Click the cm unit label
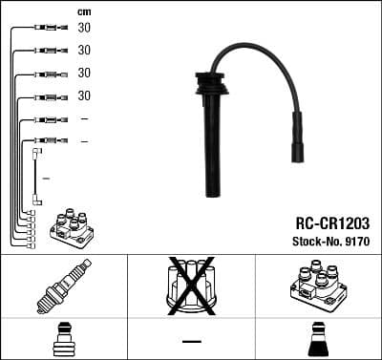(x=84, y=11)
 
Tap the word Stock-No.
(x=309, y=239)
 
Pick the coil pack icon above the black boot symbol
(x=318, y=284)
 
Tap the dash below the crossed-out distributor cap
(x=191, y=341)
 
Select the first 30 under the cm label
(x=84, y=28)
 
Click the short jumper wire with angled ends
(x=37, y=176)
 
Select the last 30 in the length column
(x=84, y=95)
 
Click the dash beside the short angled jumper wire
(x=46, y=179)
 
